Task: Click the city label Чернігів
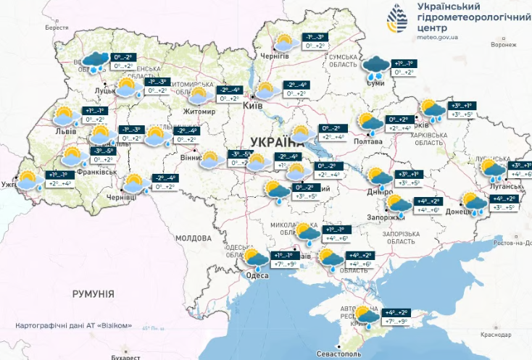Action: point(276,56)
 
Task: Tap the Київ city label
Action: point(252,105)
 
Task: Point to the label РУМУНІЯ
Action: point(93,293)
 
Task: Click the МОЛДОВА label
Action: point(193,238)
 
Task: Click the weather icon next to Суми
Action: point(376,68)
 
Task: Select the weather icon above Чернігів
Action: point(283,42)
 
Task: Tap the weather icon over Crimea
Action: point(366,315)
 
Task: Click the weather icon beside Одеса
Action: point(256,257)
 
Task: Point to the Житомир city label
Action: point(200,112)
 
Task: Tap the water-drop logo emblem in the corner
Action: point(396,20)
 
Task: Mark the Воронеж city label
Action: point(504,45)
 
